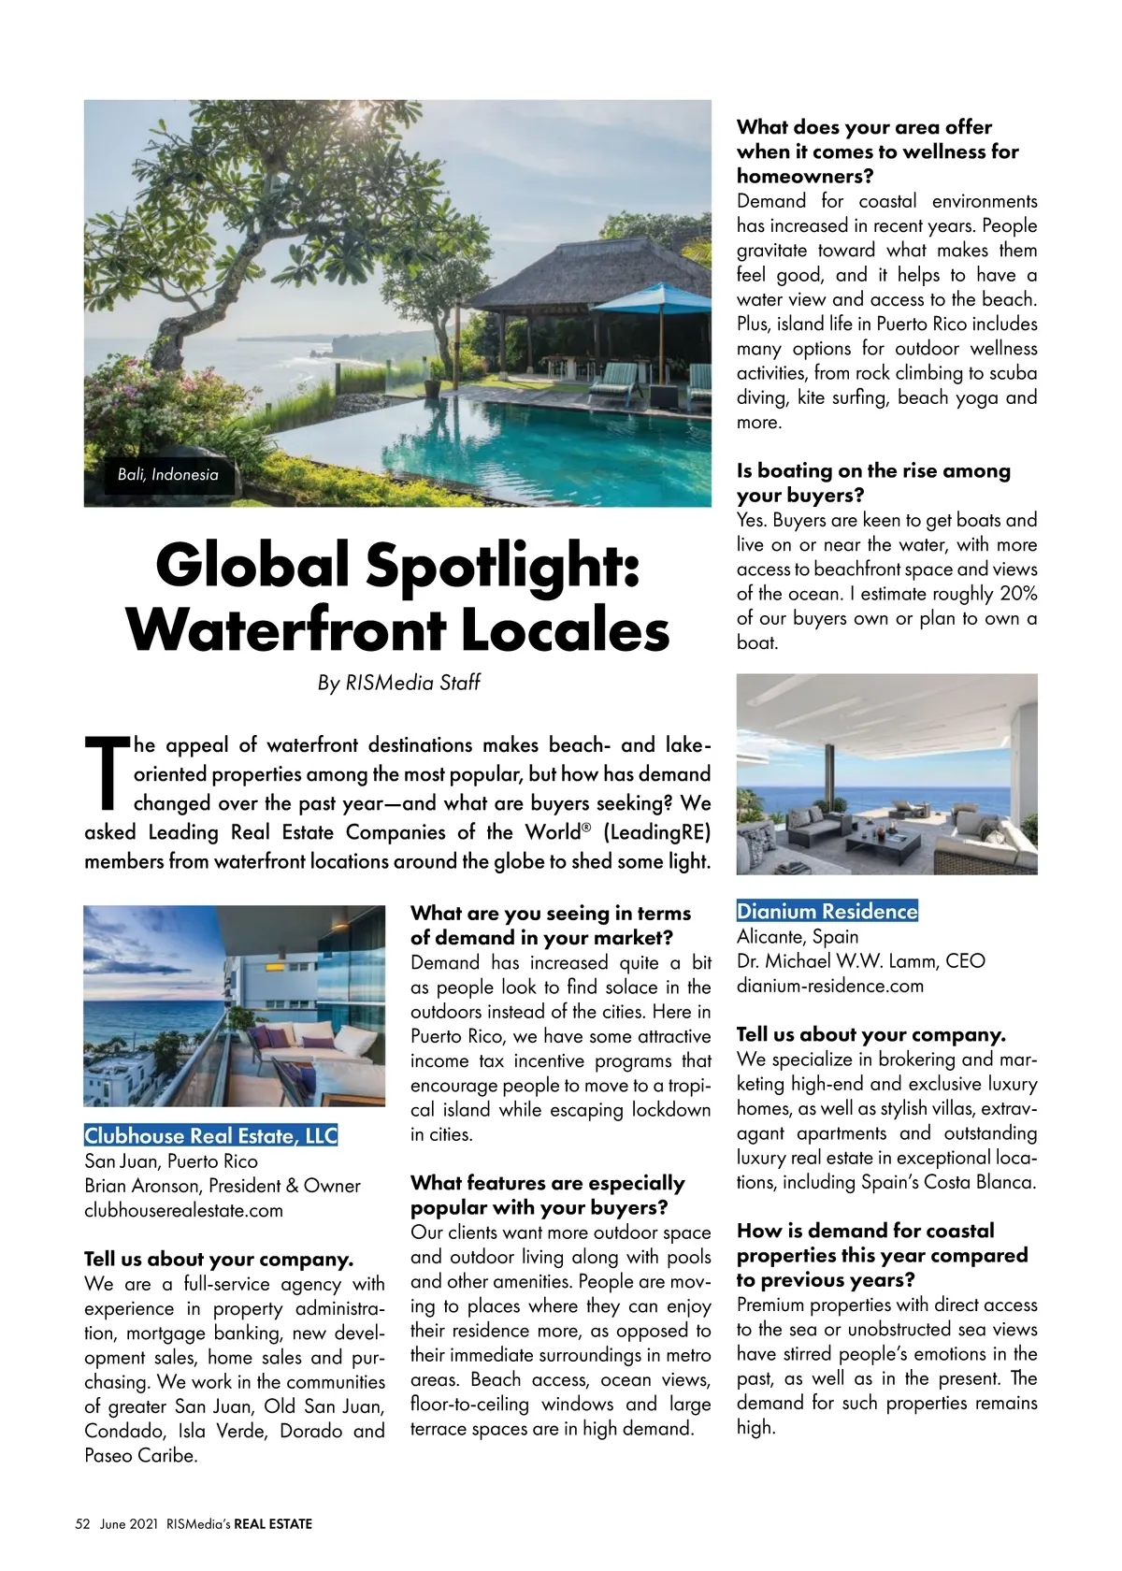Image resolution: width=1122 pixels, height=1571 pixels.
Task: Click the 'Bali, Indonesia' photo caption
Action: (168, 475)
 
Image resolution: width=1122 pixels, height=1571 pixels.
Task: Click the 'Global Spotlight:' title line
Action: (397, 566)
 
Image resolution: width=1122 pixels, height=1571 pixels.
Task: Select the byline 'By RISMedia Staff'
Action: (398, 683)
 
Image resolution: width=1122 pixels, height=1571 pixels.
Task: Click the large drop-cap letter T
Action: (106, 772)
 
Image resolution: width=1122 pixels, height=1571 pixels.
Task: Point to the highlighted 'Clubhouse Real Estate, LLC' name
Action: (210, 1136)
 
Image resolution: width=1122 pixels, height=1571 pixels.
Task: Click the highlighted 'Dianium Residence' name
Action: (827, 912)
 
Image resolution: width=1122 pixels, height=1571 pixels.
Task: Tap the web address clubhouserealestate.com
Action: (183, 1210)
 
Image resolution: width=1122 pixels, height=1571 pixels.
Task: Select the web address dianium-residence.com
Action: (830, 986)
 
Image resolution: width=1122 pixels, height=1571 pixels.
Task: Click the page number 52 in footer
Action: (82, 1524)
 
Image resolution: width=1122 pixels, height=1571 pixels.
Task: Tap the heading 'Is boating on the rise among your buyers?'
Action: (873, 483)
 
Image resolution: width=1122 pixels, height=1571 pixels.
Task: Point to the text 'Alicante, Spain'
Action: (798, 936)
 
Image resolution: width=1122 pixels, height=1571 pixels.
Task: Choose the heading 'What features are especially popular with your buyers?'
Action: (548, 1195)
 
